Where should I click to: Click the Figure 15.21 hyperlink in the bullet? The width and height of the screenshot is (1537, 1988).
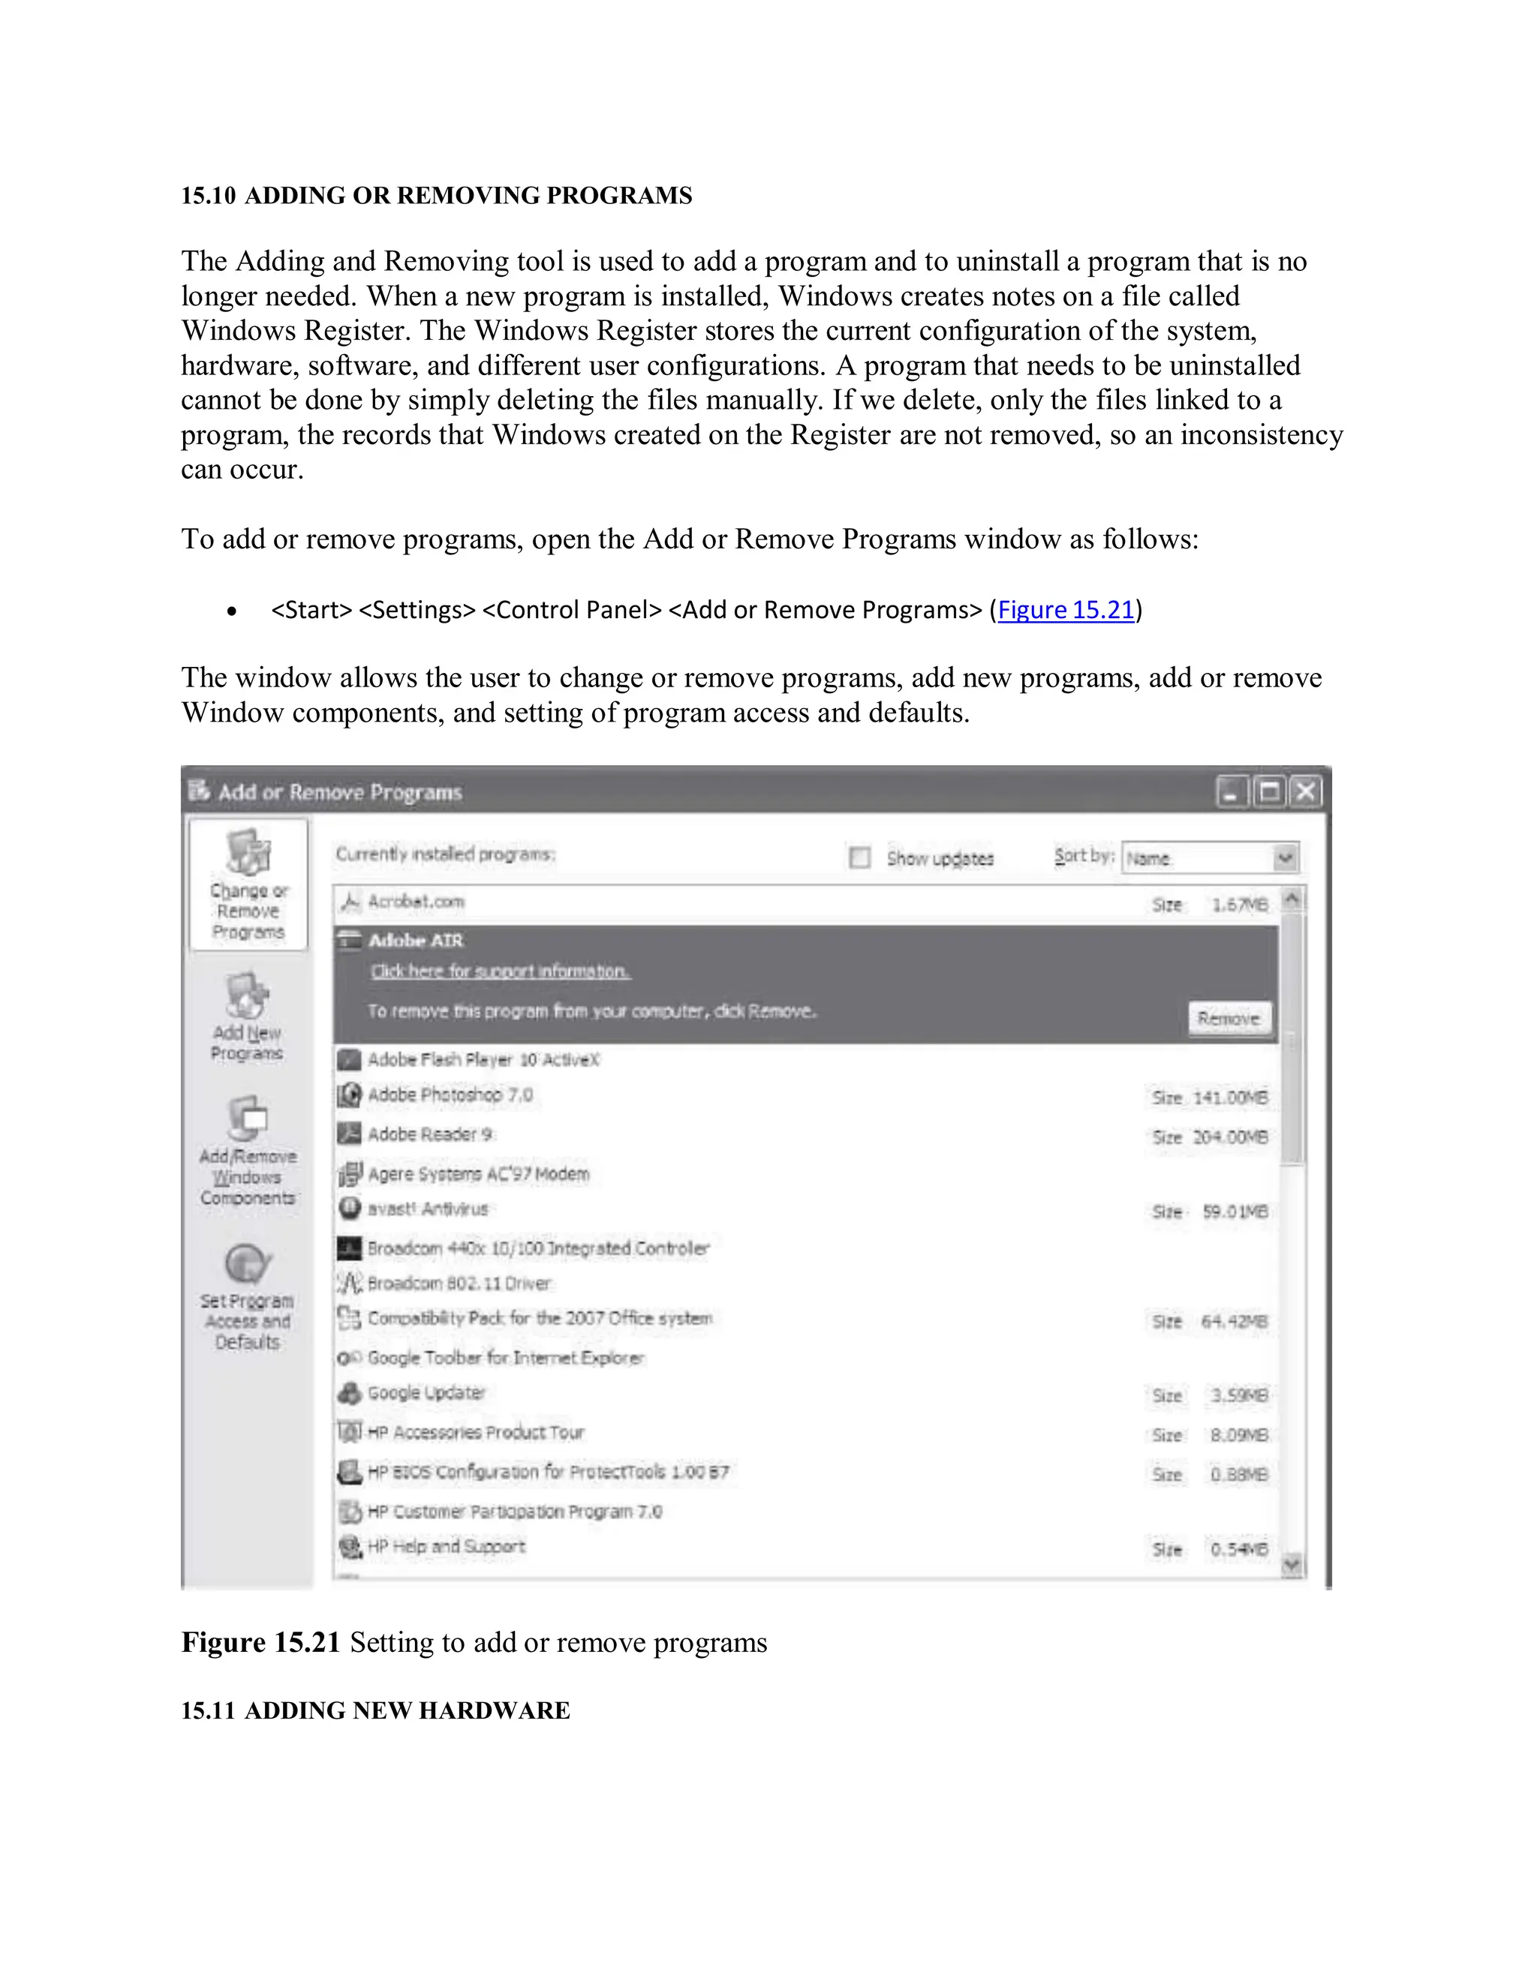1066,610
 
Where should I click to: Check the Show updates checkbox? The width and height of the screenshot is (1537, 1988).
859,857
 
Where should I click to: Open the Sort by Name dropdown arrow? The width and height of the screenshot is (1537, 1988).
1285,857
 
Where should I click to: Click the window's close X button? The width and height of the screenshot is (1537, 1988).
1306,792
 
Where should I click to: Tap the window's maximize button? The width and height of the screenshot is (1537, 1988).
1268,792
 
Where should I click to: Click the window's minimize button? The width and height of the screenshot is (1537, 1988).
1231,792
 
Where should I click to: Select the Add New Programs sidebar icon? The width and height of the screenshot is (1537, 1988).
247,997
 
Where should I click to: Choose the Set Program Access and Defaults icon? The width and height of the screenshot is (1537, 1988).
247,1263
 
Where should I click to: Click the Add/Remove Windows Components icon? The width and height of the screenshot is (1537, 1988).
247,1119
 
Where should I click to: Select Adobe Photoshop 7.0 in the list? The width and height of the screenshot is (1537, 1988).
450,1095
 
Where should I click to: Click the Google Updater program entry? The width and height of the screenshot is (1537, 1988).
426,1394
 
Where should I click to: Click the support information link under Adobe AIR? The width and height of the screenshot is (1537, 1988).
500,972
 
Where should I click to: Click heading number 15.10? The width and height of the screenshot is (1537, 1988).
209,196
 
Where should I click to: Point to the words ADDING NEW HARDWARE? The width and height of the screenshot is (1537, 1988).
407,1710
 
